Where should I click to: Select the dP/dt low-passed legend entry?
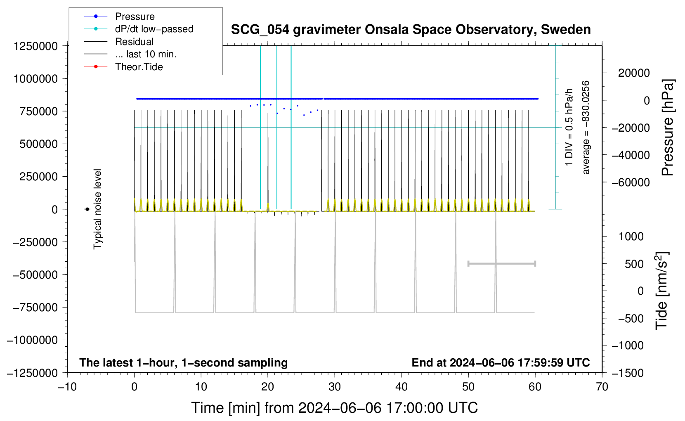[x=139, y=29]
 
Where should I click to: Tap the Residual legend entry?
[x=119, y=41]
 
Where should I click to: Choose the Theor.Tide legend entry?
[x=123, y=66]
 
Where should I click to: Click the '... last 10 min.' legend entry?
[x=130, y=54]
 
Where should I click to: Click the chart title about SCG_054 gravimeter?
[x=411, y=29]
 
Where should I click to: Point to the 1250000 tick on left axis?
[x=36, y=46]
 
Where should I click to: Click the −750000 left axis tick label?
[x=35, y=307]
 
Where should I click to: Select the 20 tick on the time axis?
[x=267, y=387]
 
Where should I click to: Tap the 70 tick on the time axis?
[x=602, y=387]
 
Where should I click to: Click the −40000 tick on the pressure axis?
[x=631, y=155]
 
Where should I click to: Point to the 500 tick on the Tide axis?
[x=634, y=264]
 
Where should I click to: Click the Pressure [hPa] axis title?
[x=668, y=127]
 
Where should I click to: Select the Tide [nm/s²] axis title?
[x=662, y=291]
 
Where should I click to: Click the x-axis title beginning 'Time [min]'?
[x=334, y=408]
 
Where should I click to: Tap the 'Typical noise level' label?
[x=97, y=209]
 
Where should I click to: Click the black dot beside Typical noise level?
[x=87, y=209]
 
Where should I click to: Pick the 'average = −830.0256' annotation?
[x=585, y=128]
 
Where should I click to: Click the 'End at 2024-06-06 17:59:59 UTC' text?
[x=501, y=362]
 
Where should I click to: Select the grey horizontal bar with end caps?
[x=501, y=263]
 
